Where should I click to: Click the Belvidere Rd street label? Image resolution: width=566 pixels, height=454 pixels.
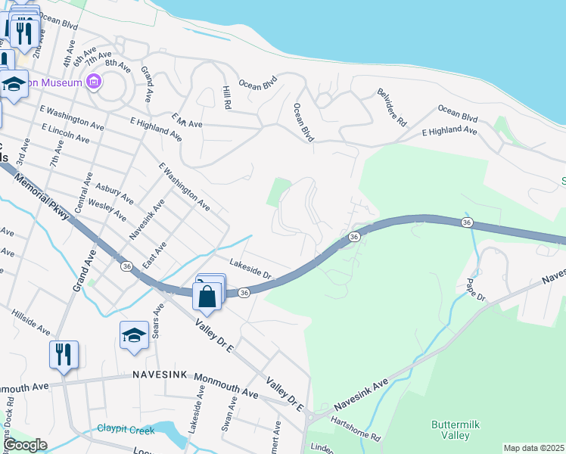coord(392,107)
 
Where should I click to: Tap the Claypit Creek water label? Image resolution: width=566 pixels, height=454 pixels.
coord(126,430)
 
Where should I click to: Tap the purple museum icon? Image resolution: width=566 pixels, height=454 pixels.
coord(94,82)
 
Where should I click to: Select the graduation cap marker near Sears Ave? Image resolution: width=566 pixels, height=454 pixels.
coord(134,336)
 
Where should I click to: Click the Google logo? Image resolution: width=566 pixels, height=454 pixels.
coord(26,445)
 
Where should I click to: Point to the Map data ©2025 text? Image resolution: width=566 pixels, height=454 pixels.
coord(533,448)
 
